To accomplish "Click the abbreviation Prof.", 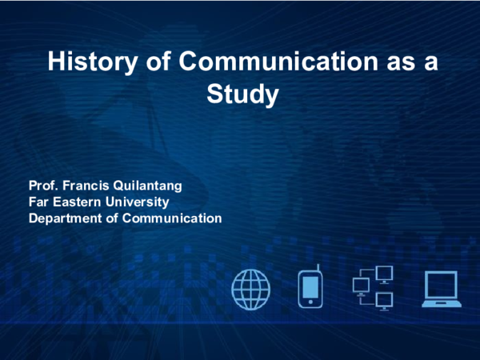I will pos(43,186).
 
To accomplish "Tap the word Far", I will pos(38,202).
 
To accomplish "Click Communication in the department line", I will pos(171,218).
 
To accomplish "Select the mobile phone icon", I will pos(310,290).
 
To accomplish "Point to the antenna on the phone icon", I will pos(318,267).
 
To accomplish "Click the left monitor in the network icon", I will pos(360,286).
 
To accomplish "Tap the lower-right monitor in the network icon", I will pos(385,301).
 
